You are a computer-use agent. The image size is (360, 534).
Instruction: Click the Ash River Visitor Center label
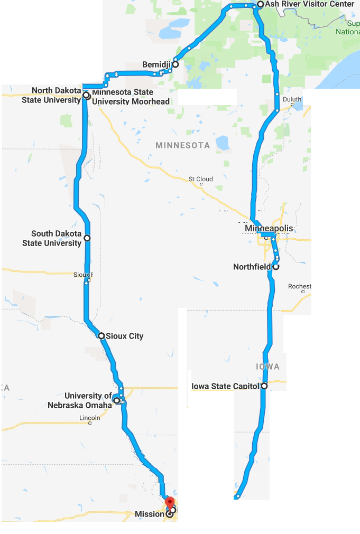309,4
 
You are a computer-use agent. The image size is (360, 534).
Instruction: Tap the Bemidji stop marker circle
175,64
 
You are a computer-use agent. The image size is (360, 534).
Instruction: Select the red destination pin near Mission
170,502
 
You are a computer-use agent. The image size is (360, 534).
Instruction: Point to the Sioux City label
124,336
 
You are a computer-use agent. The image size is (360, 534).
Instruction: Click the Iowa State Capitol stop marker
264,386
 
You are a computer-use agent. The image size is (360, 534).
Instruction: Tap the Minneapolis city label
269,228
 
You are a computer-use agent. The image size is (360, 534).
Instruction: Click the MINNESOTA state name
182,145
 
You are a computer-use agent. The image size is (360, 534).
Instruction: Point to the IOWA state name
267,367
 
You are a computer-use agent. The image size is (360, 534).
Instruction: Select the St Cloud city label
201,179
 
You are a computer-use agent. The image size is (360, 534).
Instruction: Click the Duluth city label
292,99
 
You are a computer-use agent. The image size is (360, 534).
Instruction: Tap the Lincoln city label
89,418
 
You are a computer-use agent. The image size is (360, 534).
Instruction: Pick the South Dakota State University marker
87,238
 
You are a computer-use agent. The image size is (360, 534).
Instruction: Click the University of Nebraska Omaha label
88,400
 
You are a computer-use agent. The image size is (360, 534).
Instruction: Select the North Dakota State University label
51,95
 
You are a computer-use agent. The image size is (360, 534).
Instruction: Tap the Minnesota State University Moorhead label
131,97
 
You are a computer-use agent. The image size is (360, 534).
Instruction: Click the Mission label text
149,513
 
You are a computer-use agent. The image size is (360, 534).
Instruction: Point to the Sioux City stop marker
101,336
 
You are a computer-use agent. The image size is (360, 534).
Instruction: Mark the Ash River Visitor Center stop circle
260,4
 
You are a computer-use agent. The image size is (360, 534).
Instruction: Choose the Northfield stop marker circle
275,267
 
